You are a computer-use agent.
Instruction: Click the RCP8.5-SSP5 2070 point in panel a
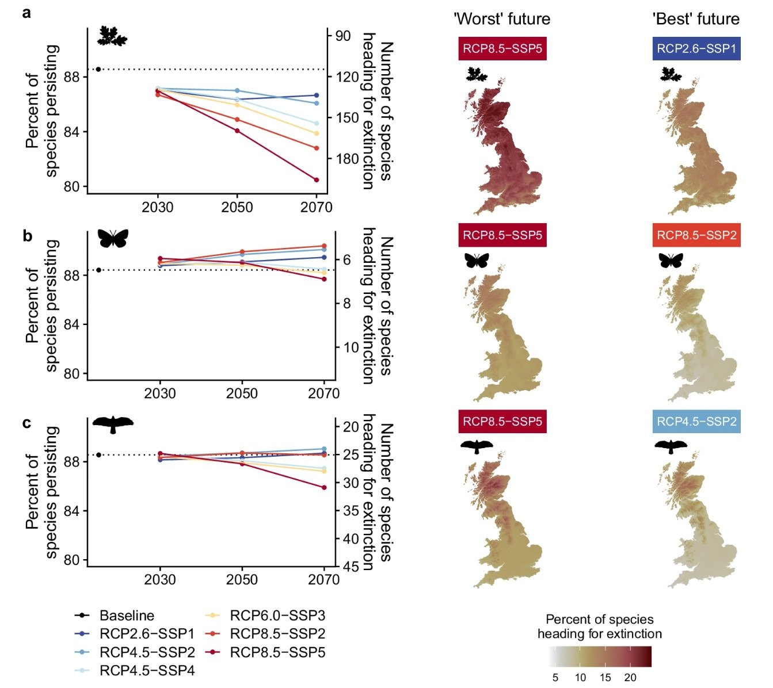(x=317, y=180)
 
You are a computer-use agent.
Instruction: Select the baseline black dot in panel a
(x=98, y=70)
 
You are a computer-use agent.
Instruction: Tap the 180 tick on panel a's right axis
(x=347, y=159)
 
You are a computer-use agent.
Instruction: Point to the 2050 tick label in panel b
(x=242, y=393)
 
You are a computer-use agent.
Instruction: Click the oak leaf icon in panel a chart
(x=112, y=36)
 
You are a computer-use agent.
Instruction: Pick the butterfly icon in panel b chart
(x=113, y=238)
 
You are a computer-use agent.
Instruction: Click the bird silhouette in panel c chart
(x=113, y=424)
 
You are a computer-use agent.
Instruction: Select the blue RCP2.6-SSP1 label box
(x=696, y=49)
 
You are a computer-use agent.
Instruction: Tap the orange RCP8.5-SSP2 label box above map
(x=696, y=235)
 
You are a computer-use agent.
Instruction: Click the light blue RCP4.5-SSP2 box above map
(x=696, y=422)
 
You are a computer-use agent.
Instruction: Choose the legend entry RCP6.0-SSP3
(x=277, y=616)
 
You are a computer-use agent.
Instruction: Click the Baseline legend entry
(x=126, y=616)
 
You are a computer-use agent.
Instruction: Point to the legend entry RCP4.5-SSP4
(x=147, y=670)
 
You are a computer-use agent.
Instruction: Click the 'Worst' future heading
(x=502, y=19)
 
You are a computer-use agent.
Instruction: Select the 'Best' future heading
(x=696, y=19)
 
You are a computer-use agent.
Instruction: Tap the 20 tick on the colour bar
(x=630, y=678)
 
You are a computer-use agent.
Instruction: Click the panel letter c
(x=26, y=423)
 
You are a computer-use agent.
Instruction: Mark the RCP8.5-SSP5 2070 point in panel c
(x=324, y=487)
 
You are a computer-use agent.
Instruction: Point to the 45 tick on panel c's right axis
(x=351, y=567)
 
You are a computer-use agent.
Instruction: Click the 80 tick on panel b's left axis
(x=71, y=374)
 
